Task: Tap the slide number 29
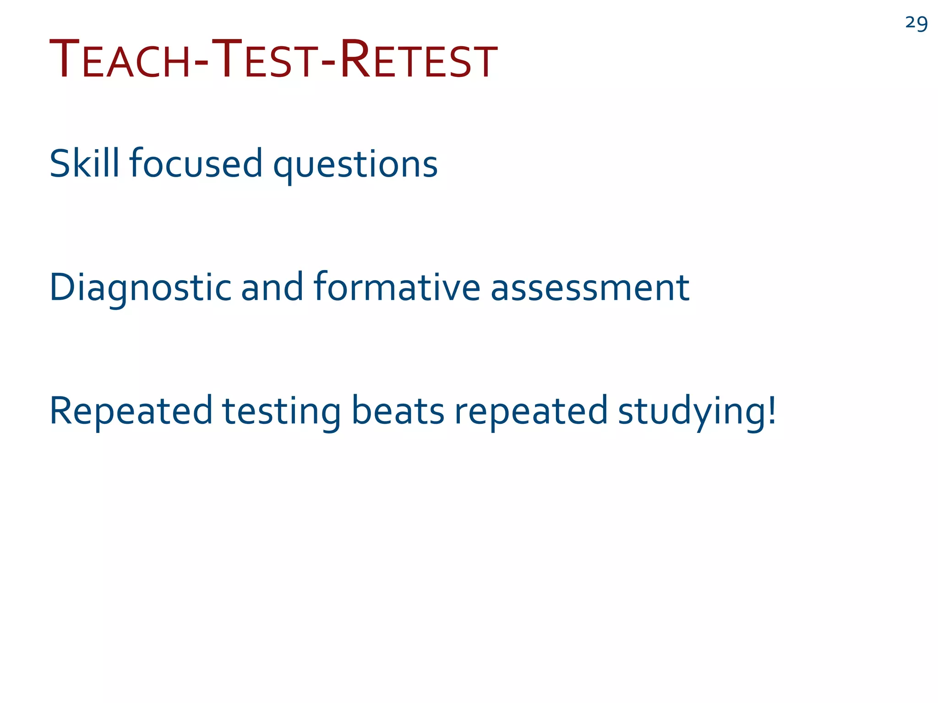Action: click(916, 23)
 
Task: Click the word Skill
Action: click(84, 163)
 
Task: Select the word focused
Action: click(196, 163)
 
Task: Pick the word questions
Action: click(355, 166)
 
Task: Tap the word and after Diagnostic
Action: click(272, 287)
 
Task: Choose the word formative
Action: click(397, 287)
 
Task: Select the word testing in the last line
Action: click(282, 411)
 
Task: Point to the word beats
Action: click(398, 411)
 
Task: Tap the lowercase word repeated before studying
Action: click(531, 411)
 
